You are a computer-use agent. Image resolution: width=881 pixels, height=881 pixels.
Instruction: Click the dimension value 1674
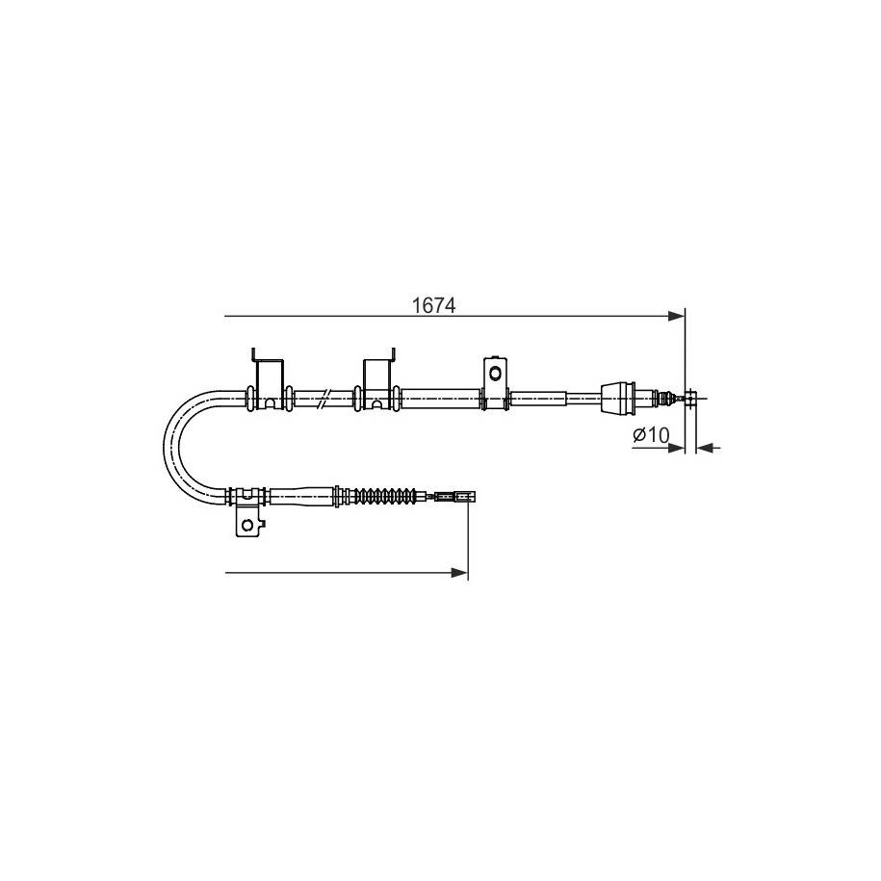tap(433, 306)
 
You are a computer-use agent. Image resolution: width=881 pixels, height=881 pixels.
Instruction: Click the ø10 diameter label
tap(651, 435)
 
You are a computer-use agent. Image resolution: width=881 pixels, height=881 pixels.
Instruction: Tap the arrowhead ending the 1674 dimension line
tap(677, 317)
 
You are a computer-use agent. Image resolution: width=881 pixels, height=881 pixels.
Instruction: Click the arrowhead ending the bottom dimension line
tap(459, 573)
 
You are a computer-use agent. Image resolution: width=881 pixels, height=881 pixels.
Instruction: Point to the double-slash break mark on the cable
tap(324, 398)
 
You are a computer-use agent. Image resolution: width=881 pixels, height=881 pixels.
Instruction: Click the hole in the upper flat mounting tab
tap(495, 373)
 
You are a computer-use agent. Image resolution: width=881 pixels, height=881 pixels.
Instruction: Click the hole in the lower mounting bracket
tap(247, 525)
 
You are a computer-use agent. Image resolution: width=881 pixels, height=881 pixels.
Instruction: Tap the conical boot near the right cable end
tap(618, 399)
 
